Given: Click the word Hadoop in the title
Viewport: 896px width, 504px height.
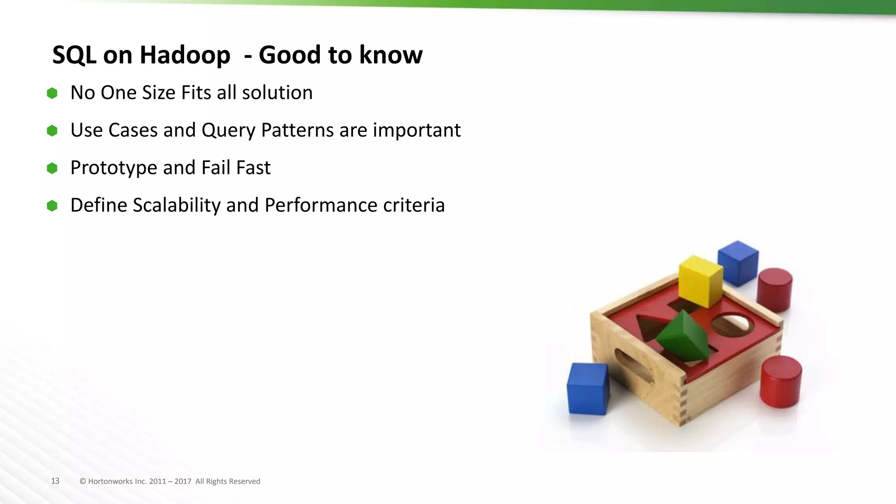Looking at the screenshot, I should point(185,55).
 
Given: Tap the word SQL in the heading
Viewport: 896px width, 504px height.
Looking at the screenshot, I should point(74,55).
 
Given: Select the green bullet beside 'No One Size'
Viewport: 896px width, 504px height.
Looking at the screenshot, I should point(52,93).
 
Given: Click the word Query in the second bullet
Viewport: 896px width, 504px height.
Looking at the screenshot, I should point(228,130).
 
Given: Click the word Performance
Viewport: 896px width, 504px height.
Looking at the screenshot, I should point(321,205).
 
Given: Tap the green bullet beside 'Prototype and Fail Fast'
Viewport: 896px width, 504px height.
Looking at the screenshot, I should point(52,168).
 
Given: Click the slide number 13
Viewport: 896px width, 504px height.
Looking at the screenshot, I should point(55,481).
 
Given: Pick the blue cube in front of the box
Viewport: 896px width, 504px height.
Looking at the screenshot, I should point(588,388).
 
